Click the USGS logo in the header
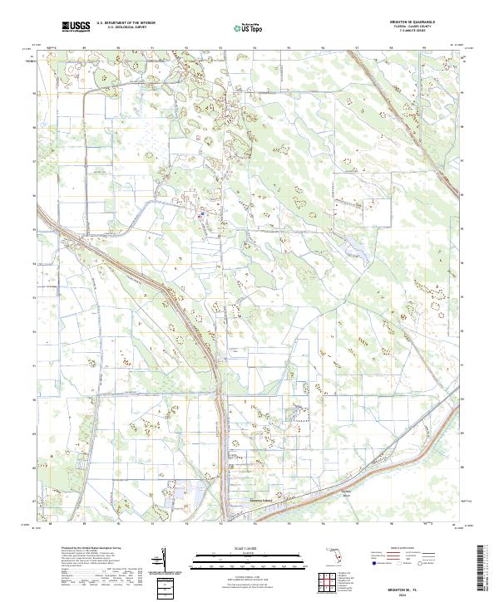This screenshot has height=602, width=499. tap(76, 27)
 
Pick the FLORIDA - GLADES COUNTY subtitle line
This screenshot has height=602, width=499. tap(417, 26)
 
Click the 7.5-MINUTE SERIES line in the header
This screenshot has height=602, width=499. tap(417, 30)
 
